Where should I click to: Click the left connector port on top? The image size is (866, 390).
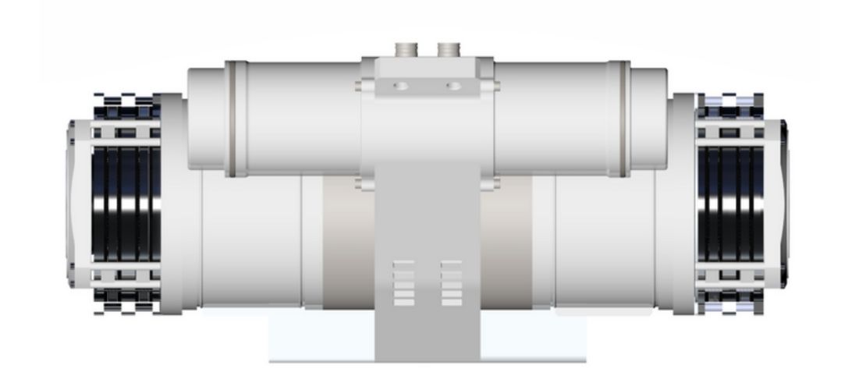406,50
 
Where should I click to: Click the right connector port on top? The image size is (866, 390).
447,50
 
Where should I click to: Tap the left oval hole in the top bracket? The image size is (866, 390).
401,84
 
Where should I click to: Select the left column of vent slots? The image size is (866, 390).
404,283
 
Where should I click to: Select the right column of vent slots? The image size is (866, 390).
451,283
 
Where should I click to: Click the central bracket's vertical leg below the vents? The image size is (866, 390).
427,335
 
